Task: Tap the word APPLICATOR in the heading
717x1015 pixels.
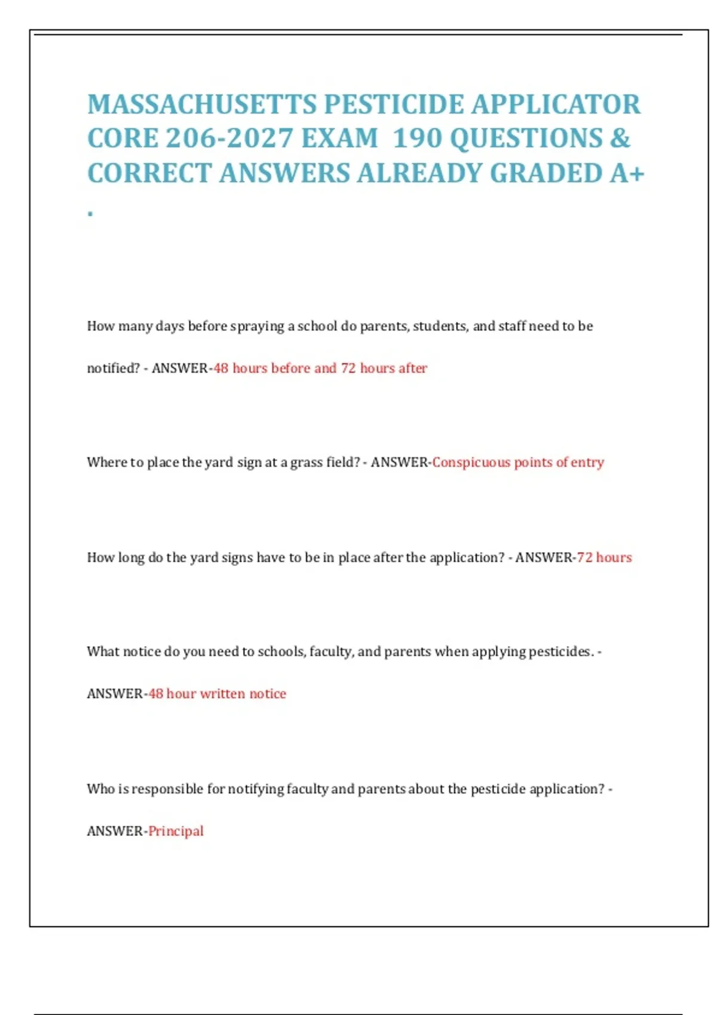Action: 556,104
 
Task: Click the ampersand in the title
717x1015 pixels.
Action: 620,139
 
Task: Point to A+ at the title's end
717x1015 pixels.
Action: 627,173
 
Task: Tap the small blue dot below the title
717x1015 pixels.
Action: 90,213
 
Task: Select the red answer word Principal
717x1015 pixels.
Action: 176,831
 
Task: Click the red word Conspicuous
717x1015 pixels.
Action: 471,462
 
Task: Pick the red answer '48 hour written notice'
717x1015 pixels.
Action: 217,694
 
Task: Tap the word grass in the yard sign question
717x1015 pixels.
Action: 306,462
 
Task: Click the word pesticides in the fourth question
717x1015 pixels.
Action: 559,651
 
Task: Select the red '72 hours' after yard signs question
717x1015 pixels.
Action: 604,558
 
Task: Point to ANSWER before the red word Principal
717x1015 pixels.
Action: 115,831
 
